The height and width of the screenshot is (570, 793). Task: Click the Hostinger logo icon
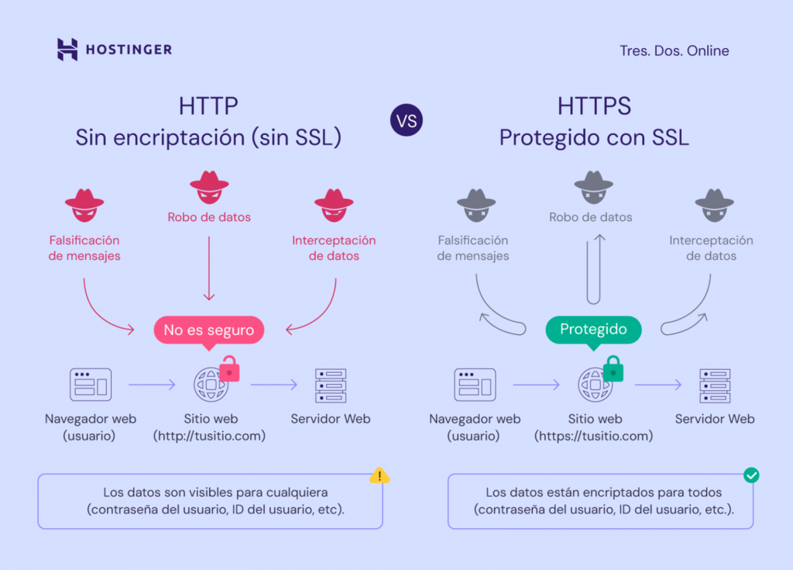[67, 50]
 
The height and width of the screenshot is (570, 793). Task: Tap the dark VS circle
[407, 121]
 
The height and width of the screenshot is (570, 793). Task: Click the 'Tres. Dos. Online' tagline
[674, 50]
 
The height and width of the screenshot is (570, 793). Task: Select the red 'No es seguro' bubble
[209, 330]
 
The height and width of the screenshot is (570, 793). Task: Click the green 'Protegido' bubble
[593, 329]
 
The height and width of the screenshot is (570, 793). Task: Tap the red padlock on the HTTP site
[229, 369]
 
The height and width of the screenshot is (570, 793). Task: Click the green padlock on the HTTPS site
[613, 369]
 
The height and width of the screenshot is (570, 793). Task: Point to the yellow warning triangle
[379, 475]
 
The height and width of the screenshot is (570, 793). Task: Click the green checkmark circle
[750, 475]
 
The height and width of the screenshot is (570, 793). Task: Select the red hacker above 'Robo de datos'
[209, 186]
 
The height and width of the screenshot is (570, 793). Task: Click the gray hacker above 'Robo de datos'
[593, 186]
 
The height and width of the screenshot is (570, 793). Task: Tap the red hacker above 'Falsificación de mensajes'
[84, 204]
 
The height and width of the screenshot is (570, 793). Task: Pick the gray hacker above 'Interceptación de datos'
[714, 204]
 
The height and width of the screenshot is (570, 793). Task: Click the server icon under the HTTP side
[331, 385]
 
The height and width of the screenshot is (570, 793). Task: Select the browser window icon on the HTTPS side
[475, 385]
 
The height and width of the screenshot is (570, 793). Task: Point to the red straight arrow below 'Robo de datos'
[209, 268]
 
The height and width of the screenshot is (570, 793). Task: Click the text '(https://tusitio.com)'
[593, 436]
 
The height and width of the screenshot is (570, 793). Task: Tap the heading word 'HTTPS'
[594, 106]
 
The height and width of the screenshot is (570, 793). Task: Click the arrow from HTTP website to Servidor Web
[274, 384]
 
